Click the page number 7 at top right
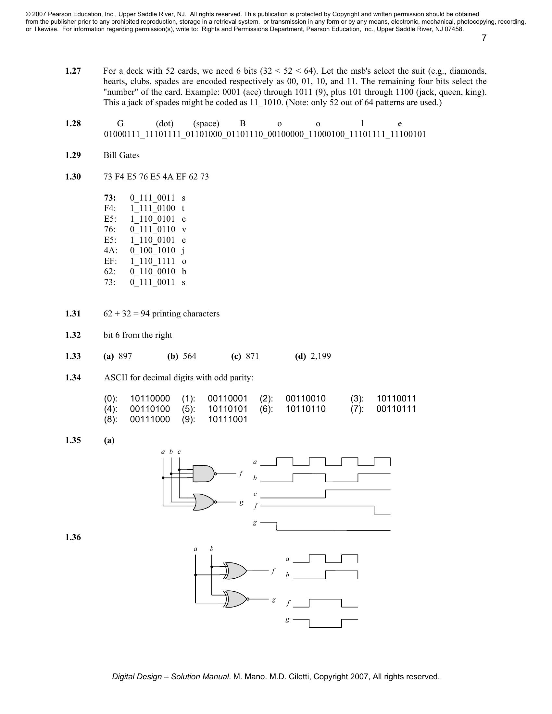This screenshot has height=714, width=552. (484, 38)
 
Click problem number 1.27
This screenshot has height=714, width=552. (73, 71)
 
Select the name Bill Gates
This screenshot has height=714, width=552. (121, 155)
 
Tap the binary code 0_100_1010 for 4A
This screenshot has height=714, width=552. (152, 251)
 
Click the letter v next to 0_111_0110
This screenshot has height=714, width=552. (184, 229)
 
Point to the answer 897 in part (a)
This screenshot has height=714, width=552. (125, 356)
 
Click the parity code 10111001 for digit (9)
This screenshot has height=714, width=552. (228, 419)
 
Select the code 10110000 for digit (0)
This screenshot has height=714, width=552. (150, 399)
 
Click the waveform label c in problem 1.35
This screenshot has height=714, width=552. (255, 494)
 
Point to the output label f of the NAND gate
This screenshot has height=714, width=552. (241, 474)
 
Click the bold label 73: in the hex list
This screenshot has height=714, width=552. (110, 198)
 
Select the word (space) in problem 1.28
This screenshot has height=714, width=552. (206, 124)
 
